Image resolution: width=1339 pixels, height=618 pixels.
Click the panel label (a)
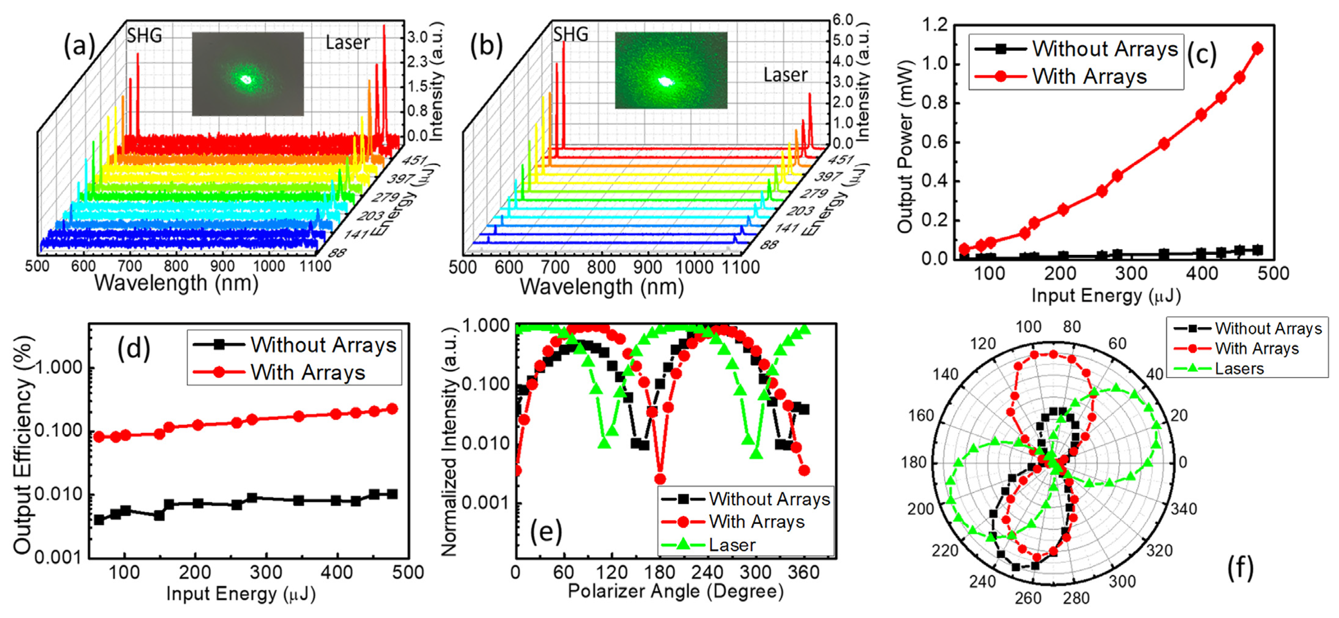point(79,46)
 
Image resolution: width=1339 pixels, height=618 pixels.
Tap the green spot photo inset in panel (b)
point(670,70)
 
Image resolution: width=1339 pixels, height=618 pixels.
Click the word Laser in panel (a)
point(347,43)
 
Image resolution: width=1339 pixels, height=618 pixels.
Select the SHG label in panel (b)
point(570,35)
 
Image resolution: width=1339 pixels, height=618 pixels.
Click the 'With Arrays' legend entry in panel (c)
point(1089,77)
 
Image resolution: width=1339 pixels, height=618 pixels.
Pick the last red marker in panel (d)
point(393,409)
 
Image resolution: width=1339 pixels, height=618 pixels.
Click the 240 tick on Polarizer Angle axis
point(707,572)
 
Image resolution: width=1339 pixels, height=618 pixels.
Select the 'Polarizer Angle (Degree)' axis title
point(675,591)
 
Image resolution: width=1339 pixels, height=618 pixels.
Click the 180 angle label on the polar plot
point(913,462)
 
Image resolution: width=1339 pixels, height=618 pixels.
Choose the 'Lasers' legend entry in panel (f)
point(1239,369)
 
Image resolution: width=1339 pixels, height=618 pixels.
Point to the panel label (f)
point(1240,567)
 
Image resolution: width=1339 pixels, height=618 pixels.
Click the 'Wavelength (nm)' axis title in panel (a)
point(176,283)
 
